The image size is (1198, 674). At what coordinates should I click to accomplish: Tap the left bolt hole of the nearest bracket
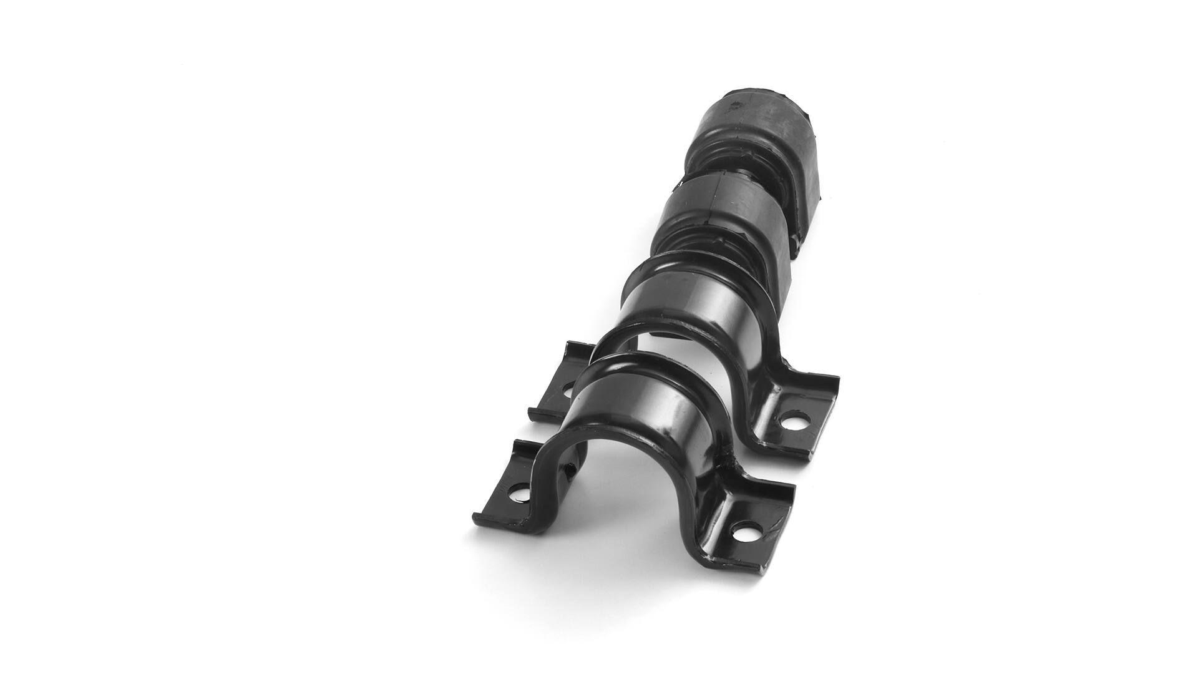tap(515, 496)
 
